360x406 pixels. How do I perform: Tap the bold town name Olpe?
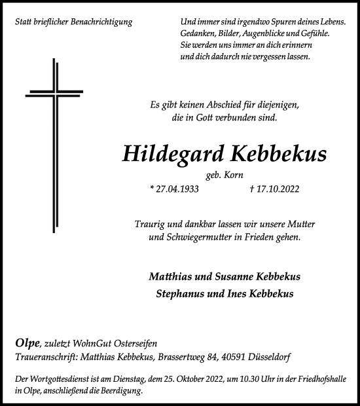point(26,343)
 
